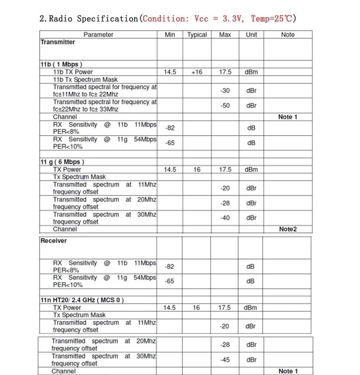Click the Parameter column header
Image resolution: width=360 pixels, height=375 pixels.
98,35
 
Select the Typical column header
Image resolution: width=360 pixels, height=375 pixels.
197,35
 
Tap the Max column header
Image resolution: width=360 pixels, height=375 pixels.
225,35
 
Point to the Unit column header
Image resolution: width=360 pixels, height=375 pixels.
251,35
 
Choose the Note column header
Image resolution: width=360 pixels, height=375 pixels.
287,35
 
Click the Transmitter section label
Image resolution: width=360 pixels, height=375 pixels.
58,42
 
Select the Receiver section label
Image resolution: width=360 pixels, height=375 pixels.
53,241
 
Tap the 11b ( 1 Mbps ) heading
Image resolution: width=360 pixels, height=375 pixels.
62,64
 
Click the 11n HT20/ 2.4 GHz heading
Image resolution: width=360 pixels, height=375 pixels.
82,300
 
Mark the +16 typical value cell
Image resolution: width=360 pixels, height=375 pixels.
197,72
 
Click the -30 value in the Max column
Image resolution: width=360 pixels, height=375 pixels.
225,91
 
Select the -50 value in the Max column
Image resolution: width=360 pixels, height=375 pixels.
225,106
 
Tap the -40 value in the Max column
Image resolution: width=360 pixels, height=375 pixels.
225,218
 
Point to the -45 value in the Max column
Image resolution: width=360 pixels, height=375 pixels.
225,360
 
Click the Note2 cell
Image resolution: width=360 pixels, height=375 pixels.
287,229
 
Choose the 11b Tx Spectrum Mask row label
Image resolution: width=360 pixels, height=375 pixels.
85,80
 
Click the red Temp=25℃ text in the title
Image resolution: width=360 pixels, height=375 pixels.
272,19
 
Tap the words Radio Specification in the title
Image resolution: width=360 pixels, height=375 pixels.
93,19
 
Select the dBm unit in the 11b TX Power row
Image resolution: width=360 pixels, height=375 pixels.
251,72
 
